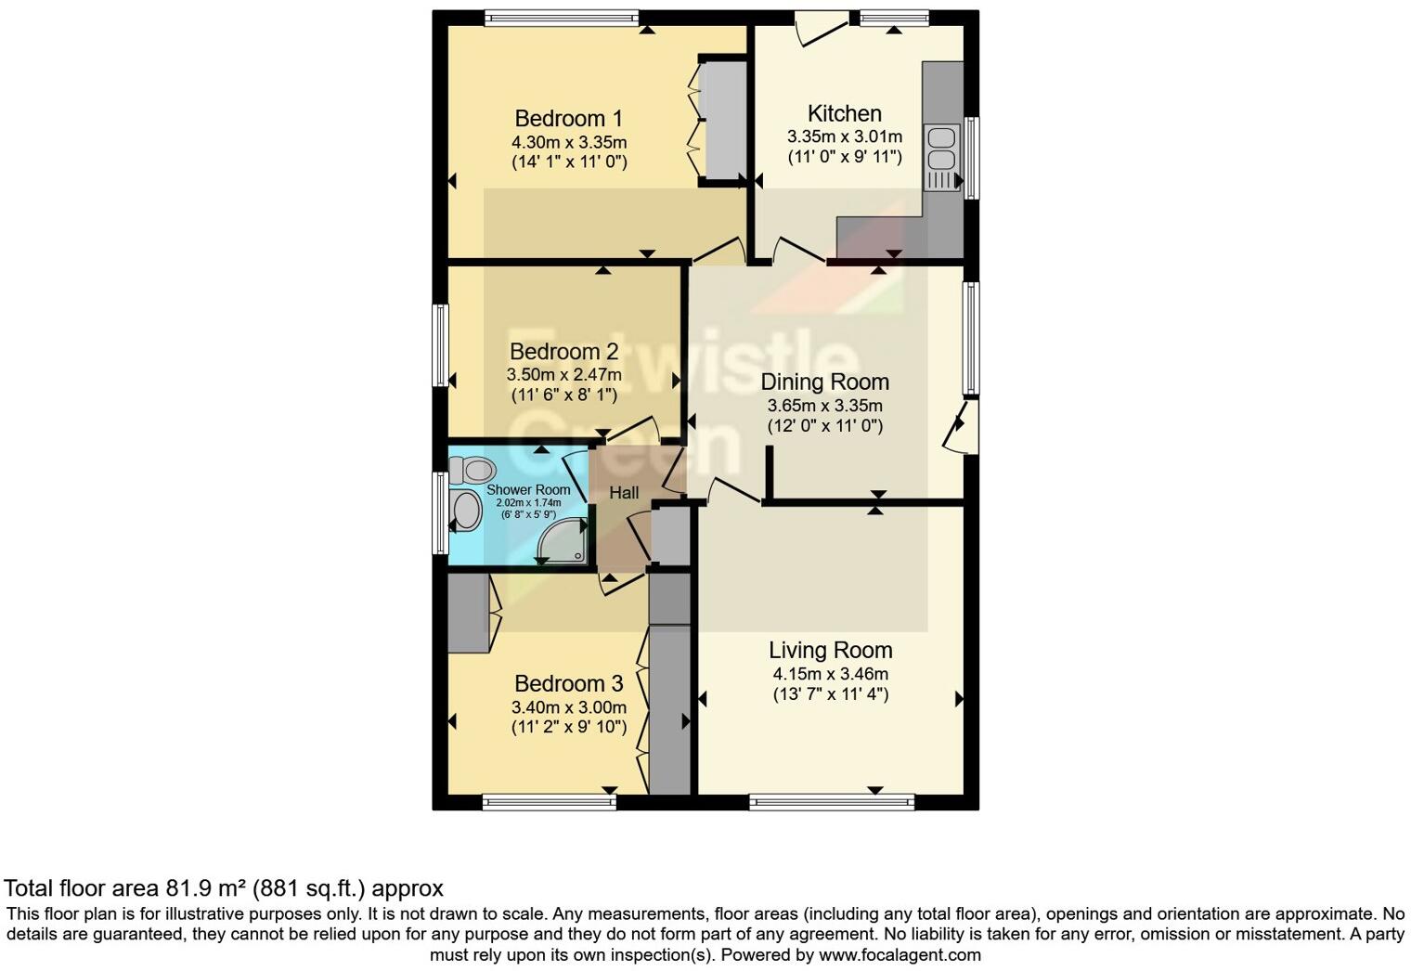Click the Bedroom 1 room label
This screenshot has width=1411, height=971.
click(568, 119)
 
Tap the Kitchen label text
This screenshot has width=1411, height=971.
click(844, 113)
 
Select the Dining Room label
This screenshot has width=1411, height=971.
click(824, 382)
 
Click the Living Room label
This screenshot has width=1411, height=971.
click(830, 650)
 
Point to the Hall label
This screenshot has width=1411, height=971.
click(624, 493)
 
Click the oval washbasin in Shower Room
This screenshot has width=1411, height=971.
click(465, 511)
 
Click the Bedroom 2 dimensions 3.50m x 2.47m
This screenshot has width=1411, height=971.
click(563, 375)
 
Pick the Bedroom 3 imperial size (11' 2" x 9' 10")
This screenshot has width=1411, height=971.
click(568, 727)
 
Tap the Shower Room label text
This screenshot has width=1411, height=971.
click(528, 489)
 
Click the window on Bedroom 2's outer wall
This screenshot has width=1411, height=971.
click(442, 344)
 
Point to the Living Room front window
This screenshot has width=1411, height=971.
click(832, 802)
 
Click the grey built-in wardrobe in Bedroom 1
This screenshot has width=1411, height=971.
click(722, 120)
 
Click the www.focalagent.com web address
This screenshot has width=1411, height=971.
click(899, 954)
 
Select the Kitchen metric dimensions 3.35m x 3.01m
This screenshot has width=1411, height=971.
click(844, 136)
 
